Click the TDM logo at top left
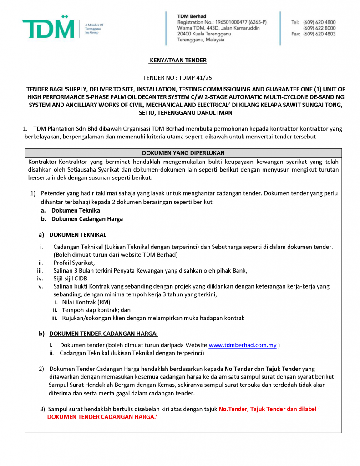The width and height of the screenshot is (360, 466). (48, 29)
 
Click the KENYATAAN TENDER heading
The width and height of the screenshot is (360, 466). (178, 61)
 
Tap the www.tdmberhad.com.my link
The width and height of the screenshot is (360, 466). (243, 345)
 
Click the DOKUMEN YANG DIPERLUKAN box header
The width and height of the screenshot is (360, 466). (183, 153)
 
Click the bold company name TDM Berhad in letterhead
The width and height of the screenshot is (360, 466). (192, 16)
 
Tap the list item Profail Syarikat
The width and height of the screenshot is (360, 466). (74, 263)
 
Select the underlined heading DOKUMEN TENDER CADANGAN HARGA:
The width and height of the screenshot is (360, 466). (103, 334)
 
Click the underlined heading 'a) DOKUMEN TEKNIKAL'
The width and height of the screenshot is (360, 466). (77, 235)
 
